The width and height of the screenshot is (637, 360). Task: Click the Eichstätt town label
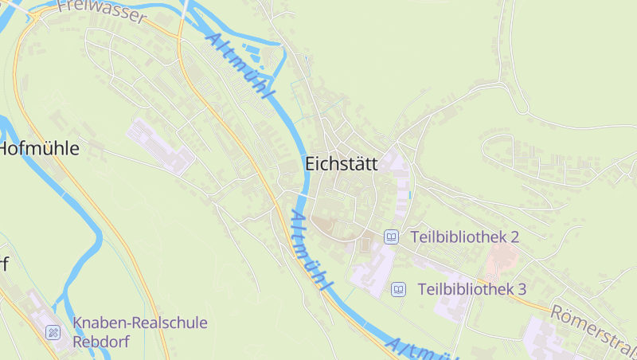pyautogui.click(x=342, y=163)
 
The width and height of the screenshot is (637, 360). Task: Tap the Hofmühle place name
pyautogui.click(x=40, y=148)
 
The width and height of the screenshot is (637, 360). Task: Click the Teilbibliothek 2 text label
pyautogui.click(x=464, y=237)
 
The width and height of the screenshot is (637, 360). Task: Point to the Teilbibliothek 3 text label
pyautogui.click(x=471, y=289)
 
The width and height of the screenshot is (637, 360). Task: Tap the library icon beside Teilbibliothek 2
pyautogui.click(x=391, y=237)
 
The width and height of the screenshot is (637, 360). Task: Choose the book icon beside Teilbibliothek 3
pyautogui.click(x=399, y=289)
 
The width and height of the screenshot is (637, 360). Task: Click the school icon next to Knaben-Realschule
pyautogui.click(x=53, y=331)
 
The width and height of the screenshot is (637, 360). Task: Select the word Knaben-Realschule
pyautogui.click(x=140, y=323)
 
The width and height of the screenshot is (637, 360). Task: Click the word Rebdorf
pyautogui.click(x=100, y=341)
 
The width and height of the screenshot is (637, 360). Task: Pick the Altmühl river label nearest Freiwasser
pyautogui.click(x=238, y=67)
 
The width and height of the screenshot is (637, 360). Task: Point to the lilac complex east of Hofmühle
pyautogui.click(x=162, y=147)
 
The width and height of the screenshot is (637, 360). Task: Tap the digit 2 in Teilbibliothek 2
pyautogui.click(x=514, y=237)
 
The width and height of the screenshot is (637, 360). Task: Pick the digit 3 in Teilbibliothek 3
pyautogui.click(x=522, y=289)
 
